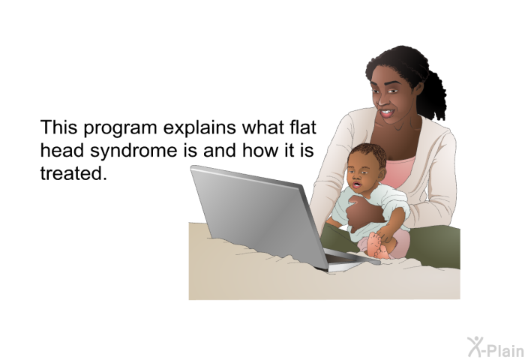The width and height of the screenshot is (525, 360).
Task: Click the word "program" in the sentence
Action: [120, 128]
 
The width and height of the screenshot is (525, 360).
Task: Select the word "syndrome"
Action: [133, 151]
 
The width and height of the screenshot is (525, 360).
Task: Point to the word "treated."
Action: [73, 173]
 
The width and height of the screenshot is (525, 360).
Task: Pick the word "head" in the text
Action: [62, 150]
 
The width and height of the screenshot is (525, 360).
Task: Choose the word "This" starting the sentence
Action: [58, 127]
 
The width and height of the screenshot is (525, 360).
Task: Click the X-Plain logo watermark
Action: [496, 347]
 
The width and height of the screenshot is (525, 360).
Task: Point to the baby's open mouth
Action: [356, 184]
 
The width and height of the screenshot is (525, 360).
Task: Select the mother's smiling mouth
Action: [386, 113]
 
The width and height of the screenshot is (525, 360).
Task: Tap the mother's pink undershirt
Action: [399, 172]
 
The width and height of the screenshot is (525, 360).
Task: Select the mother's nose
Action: [381, 99]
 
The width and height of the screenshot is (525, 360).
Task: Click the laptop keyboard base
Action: [348, 259]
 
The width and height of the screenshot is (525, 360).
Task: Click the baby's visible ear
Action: [382, 175]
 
